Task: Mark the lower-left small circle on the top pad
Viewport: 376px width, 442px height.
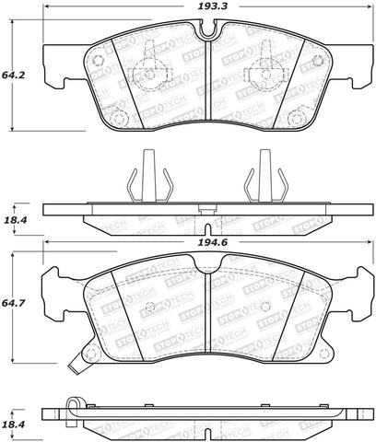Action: point(117,115)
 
